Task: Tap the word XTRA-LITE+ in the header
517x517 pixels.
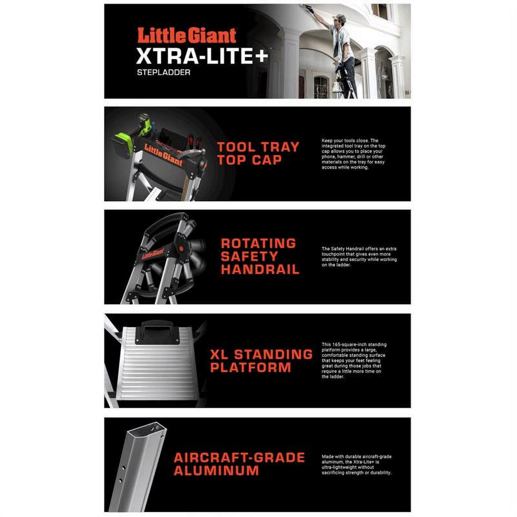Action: coord(202,56)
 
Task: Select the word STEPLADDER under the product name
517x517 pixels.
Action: coord(164,72)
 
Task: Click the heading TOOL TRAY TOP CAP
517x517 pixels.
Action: coord(258,153)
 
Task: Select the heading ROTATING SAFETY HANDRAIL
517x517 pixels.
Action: coord(260,256)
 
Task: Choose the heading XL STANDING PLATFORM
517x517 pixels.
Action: coord(261,361)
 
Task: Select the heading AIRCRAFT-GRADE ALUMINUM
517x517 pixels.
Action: coord(239,464)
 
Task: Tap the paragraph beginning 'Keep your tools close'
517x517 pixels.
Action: coord(354,154)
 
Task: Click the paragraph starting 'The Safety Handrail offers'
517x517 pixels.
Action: coord(359,257)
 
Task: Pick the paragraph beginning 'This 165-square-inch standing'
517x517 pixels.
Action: coord(354,361)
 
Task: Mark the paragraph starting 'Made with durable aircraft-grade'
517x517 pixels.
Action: coord(356,465)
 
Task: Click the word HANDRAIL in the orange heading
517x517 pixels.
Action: coord(260,270)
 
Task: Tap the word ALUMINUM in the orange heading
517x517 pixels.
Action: coord(216,470)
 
